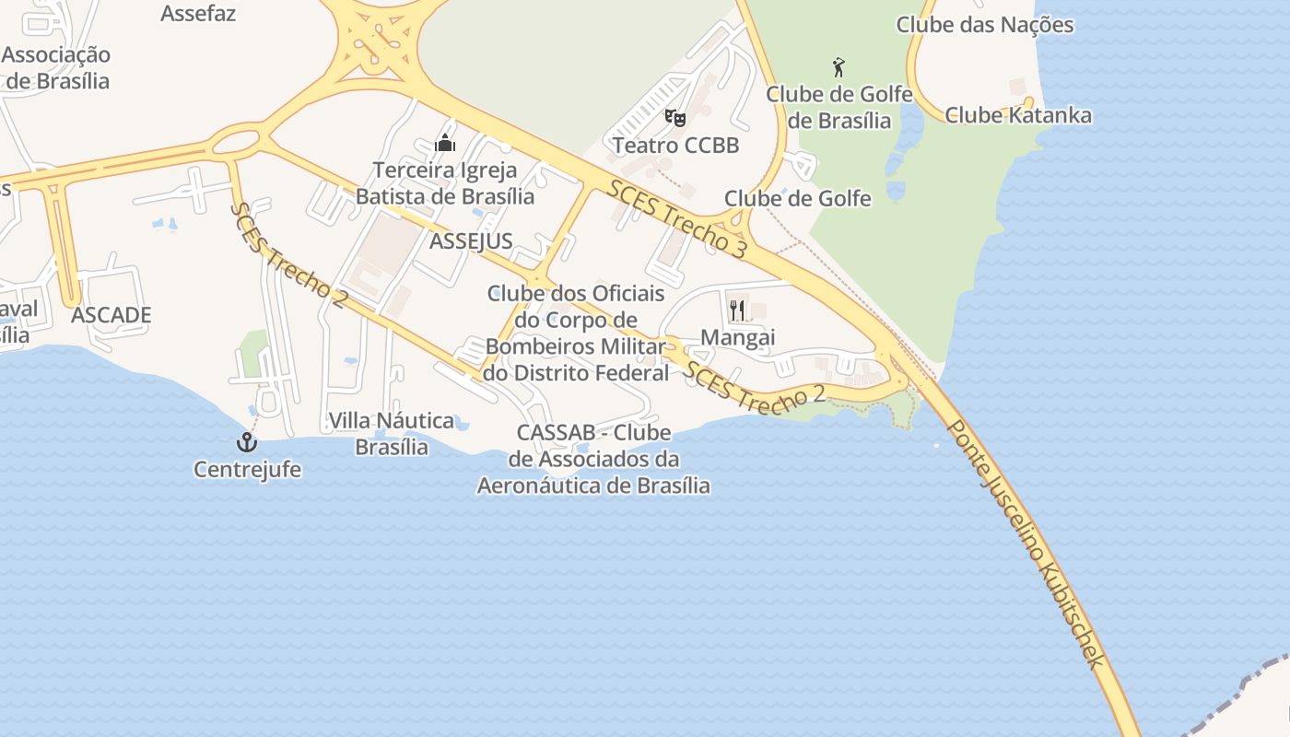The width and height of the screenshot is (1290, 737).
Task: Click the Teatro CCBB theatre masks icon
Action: point(675,118)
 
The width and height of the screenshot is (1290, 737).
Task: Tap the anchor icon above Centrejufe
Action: point(246,442)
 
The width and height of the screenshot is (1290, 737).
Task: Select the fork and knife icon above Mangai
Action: point(737,310)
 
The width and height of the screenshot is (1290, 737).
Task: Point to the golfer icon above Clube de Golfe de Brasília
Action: point(838,67)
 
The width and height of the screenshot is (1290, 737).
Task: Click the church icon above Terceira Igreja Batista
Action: point(445,143)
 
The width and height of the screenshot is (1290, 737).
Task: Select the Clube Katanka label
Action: point(1018,115)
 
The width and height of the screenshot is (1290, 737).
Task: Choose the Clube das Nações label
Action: point(985,25)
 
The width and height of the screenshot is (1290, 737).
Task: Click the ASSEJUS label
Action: point(471,241)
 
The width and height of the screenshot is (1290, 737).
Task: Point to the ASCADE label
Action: point(111,315)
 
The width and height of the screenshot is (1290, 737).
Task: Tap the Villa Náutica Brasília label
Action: point(392,434)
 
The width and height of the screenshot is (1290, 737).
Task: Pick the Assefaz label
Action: point(198,14)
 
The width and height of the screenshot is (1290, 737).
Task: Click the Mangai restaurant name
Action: point(738,338)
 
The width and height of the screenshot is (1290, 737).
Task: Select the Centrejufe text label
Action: point(247,470)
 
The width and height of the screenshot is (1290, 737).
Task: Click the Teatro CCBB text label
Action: point(675,146)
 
